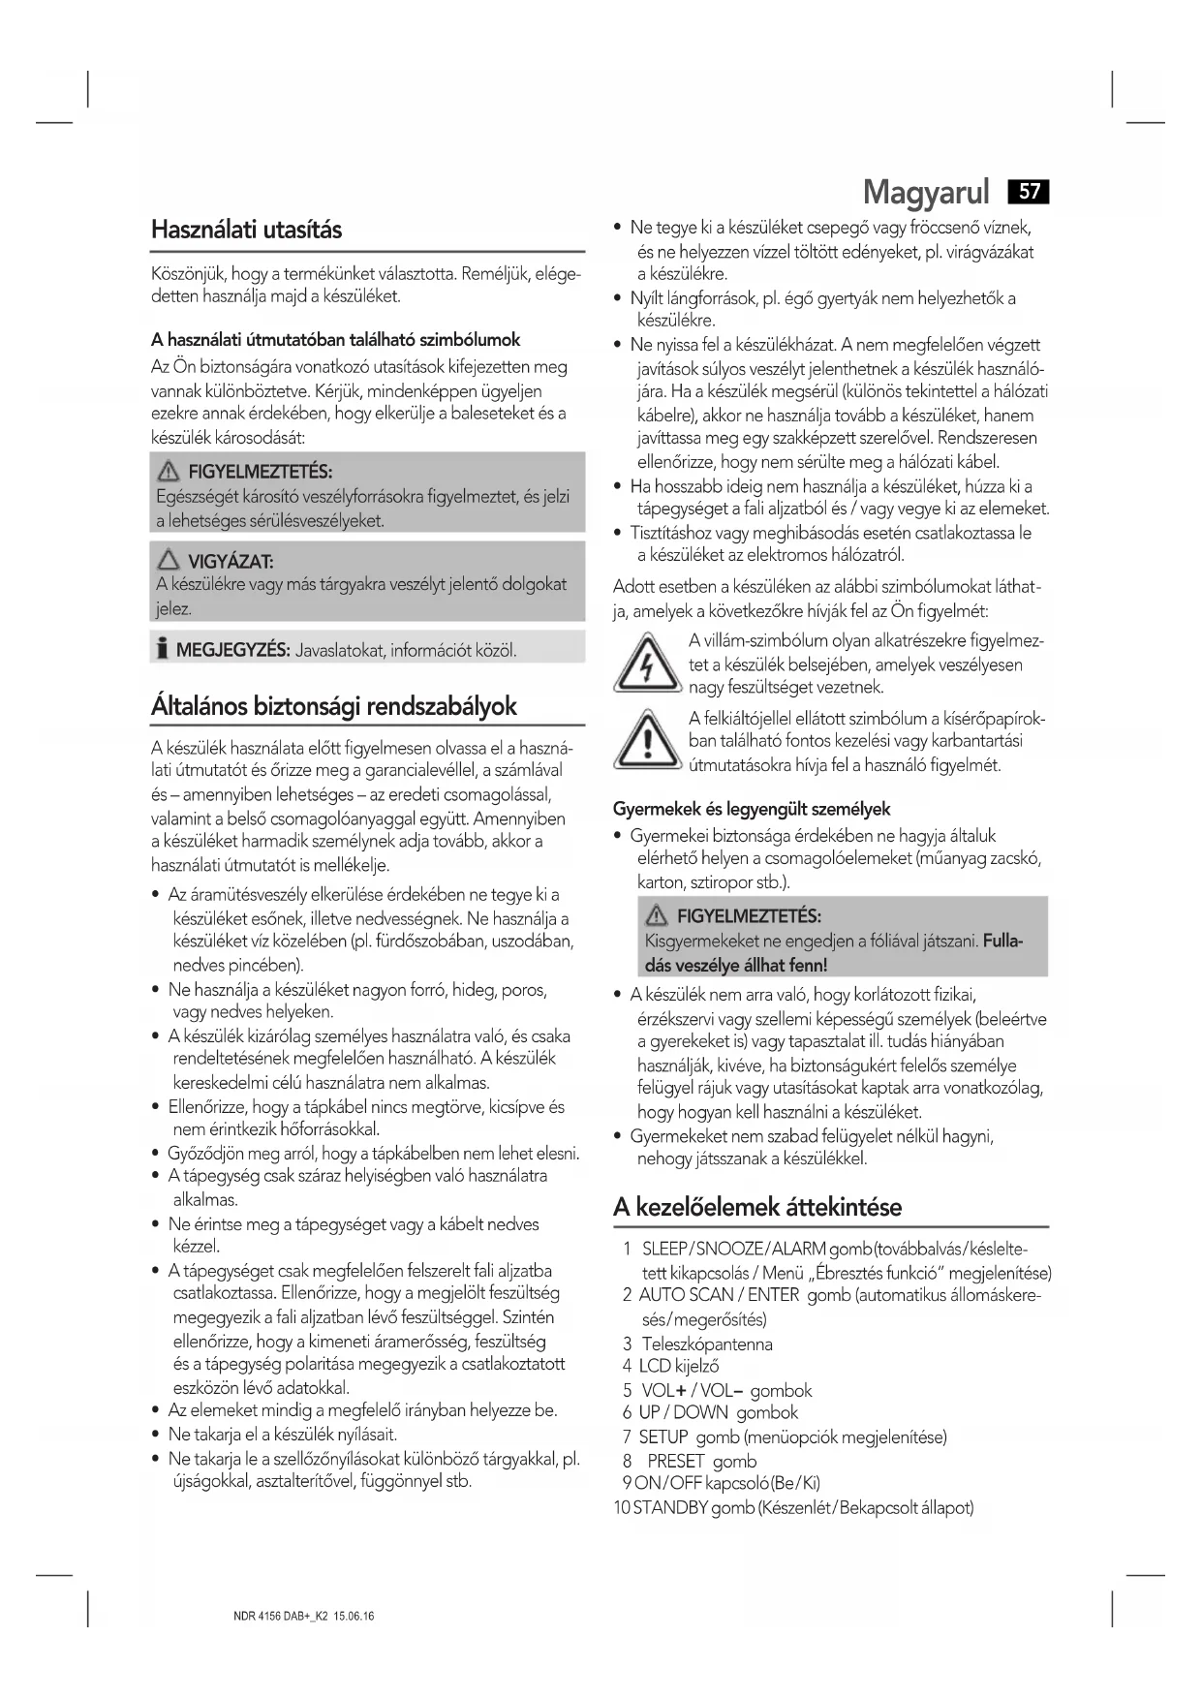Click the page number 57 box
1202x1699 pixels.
(1029, 192)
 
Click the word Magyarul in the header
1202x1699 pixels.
(926, 193)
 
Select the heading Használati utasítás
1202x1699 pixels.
(246, 231)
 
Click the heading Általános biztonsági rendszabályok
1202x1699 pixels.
(333, 706)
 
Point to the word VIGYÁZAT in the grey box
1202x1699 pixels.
(231, 562)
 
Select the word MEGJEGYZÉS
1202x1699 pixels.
(232, 650)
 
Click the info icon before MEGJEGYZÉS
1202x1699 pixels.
(162, 649)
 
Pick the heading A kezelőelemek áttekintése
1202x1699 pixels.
(756, 1207)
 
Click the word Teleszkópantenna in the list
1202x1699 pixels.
(707, 1344)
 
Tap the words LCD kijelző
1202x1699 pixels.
(678, 1367)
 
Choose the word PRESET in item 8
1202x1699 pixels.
(675, 1461)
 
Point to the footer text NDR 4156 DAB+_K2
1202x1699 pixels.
(281, 1617)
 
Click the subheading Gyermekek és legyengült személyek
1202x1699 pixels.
(751, 809)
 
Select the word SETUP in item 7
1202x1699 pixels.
(663, 1436)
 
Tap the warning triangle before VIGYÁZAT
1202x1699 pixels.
(170, 561)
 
